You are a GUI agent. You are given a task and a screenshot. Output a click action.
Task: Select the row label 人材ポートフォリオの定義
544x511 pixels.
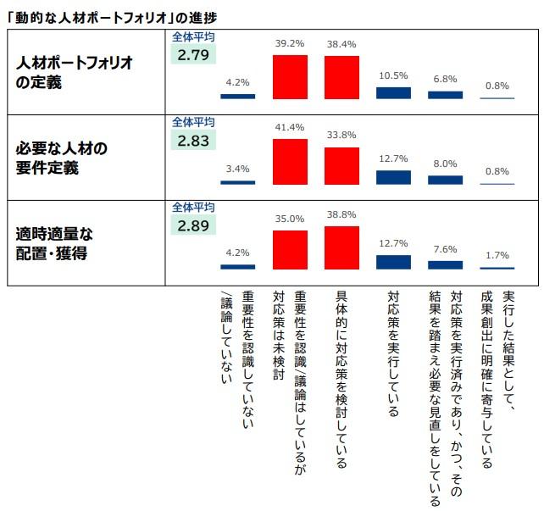(66, 74)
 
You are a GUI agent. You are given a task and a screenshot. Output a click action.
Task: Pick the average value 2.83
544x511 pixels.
(192, 140)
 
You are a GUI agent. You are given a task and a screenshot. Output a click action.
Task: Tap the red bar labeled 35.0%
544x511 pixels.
(290, 249)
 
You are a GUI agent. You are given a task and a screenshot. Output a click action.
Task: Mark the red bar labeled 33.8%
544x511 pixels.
(341, 166)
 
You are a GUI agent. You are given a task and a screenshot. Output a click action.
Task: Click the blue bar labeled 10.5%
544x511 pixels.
(393, 92)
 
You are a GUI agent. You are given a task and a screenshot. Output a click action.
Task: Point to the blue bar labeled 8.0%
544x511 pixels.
(445, 180)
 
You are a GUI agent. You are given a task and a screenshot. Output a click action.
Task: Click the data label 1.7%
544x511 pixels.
(497, 255)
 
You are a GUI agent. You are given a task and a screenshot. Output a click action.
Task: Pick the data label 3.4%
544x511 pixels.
(237, 169)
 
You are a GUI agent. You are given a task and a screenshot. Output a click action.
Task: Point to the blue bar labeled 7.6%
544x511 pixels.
(445, 264)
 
